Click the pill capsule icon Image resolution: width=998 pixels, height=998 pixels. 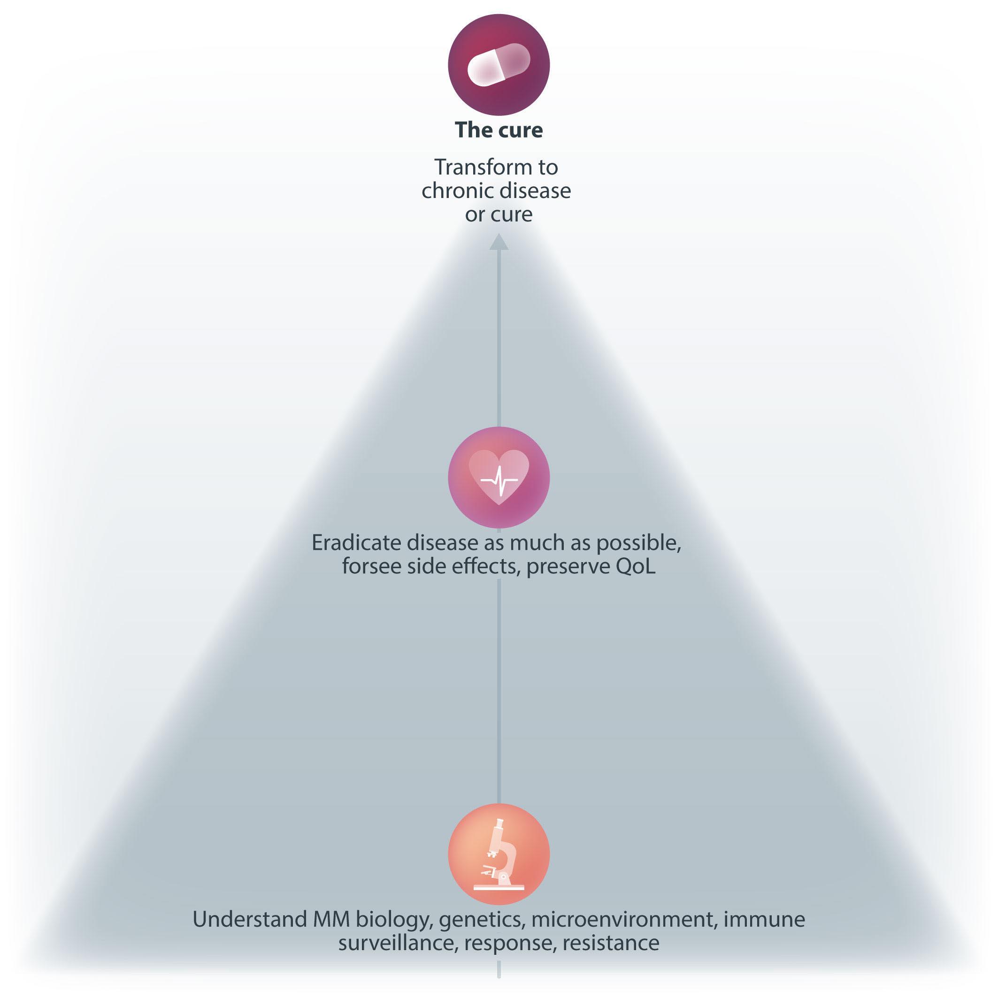pyautogui.click(x=499, y=65)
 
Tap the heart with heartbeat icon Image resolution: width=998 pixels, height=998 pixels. pyautogui.click(x=499, y=478)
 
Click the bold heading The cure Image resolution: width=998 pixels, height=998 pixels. pyautogui.click(x=499, y=130)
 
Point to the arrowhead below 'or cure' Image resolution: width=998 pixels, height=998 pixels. pyautogui.click(x=499, y=242)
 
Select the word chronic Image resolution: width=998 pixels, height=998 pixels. pyautogui.click(x=451, y=191)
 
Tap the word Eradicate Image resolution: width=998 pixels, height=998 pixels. pyautogui.click(x=356, y=543)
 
